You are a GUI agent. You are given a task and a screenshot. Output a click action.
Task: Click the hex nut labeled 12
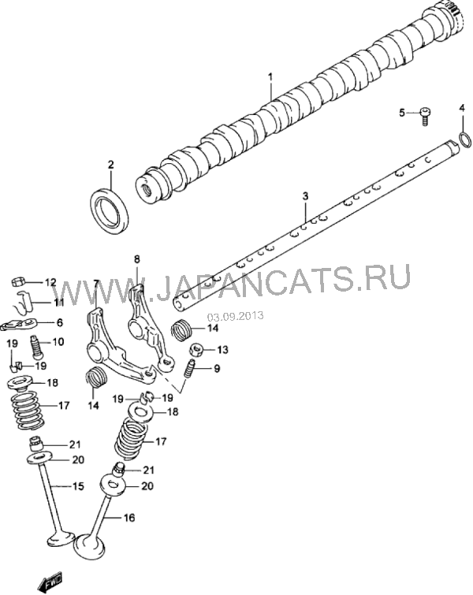tap(18, 281)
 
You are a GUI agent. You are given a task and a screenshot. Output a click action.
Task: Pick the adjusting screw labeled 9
tap(189, 369)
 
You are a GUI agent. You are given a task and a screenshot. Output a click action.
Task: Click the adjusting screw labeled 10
tap(36, 348)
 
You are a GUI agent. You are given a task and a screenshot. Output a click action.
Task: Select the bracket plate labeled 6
tap(19, 324)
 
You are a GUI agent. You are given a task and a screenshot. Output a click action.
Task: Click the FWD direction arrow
tap(50, 578)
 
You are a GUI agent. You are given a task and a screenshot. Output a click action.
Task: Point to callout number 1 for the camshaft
tap(270, 76)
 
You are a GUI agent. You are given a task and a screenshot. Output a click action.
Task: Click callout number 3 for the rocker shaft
tap(305, 196)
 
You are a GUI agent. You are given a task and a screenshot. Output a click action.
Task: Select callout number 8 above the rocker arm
tap(136, 259)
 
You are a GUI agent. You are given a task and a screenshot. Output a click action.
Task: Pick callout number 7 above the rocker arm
tap(95, 283)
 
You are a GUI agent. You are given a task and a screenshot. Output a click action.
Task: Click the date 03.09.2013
tap(235, 316)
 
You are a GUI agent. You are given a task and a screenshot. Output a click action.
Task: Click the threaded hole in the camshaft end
tap(146, 188)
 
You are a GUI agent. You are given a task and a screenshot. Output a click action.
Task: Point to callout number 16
tap(129, 517)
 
